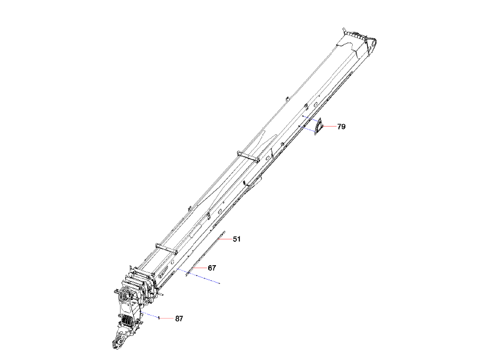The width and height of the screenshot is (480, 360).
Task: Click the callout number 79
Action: coord(341,127)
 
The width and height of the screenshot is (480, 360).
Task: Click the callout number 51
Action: coord(236,239)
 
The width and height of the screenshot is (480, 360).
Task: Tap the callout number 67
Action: coord(212,268)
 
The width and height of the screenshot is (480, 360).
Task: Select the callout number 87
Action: coord(179,319)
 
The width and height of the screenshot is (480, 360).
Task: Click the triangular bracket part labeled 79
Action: coord(318,127)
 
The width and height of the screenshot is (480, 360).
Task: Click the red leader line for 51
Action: coord(226,239)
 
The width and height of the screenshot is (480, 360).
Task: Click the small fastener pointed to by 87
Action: coord(158,319)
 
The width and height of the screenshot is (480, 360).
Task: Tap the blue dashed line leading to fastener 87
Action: coord(150,316)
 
